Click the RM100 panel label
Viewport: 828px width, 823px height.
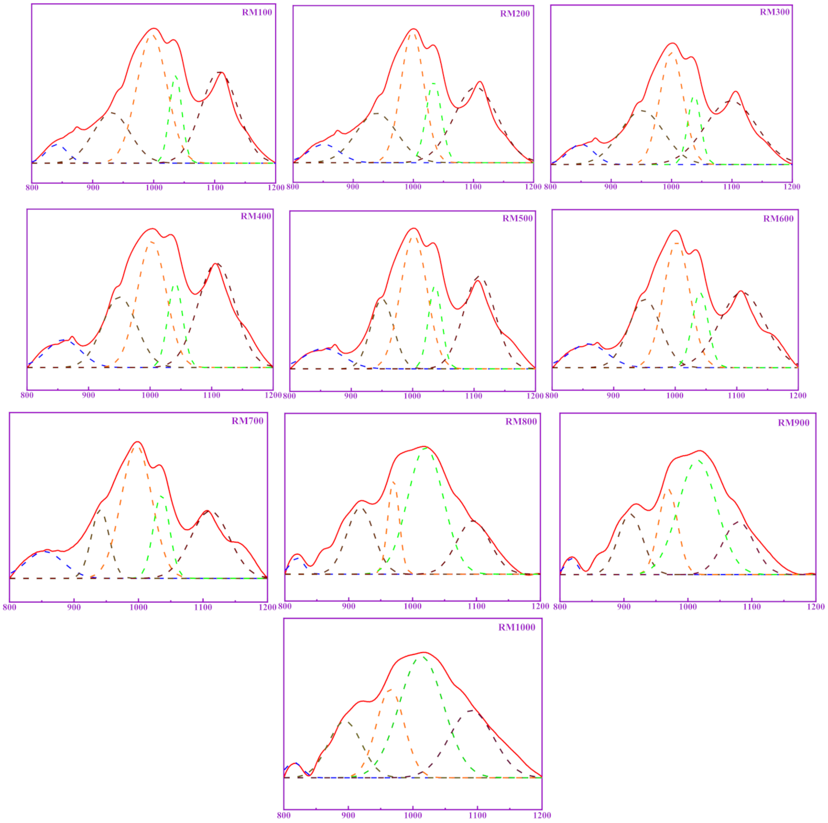[x=257, y=13]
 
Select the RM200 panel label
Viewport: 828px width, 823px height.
[x=514, y=14]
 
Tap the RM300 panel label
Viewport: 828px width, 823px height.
[x=775, y=12]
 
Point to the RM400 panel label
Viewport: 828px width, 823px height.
[x=256, y=216]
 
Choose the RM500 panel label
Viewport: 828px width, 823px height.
[x=517, y=219]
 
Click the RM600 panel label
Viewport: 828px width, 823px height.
[x=778, y=219]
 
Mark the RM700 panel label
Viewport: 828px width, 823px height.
[x=247, y=421]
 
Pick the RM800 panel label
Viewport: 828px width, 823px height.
[x=521, y=422]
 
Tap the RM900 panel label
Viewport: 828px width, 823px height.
[x=794, y=423]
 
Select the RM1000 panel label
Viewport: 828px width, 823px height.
[x=517, y=627]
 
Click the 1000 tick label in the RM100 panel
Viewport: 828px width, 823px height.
[x=154, y=188]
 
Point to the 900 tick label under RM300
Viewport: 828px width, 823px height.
[x=611, y=186]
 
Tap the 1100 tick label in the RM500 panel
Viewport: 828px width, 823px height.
[x=474, y=396]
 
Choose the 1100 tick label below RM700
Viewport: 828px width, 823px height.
[x=202, y=607]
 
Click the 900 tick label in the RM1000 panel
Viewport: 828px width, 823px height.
[x=348, y=815]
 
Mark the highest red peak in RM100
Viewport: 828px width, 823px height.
[x=154, y=28]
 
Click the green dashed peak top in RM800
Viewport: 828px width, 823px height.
[x=425, y=448]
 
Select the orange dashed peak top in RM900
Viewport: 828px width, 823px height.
[x=669, y=489]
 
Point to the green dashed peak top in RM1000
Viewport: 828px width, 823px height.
[x=423, y=656]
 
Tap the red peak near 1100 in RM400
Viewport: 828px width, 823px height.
[x=216, y=264]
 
